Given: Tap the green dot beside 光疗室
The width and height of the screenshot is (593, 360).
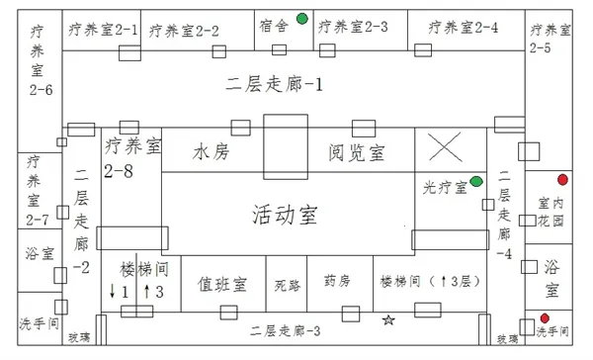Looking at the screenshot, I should (x=476, y=182).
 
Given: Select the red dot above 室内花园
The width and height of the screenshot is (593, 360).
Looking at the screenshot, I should (x=562, y=180).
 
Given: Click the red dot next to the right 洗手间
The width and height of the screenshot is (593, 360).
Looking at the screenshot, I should (x=544, y=318).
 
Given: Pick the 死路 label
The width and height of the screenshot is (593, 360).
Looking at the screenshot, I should (x=287, y=285).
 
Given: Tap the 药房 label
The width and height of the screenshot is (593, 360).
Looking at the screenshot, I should (x=337, y=282).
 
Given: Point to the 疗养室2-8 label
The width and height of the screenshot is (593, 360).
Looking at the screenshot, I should (x=131, y=158).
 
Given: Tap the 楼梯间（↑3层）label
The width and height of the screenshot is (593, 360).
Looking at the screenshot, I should (x=425, y=283).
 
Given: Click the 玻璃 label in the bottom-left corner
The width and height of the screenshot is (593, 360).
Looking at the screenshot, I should (x=78, y=338).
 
